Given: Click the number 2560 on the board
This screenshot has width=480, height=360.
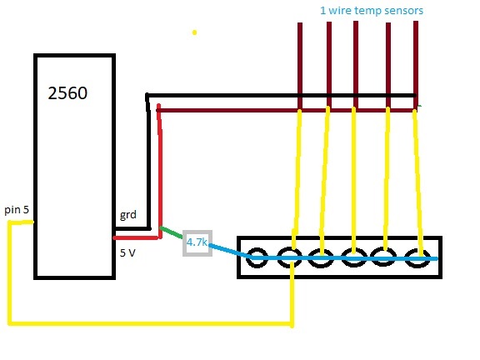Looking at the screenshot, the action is click(x=67, y=93).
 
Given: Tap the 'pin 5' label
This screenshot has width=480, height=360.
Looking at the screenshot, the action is click(x=17, y=210).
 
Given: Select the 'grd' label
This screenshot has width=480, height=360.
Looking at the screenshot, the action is click(x=128, y=215).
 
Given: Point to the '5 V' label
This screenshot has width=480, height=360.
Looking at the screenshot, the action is click(x=127, y=252).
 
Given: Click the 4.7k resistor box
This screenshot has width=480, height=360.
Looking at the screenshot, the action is click(x=197, y=243).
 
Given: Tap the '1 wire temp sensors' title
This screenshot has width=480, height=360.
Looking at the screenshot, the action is click(x=372, y=11).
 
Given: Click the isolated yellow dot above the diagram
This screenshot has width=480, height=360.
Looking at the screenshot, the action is click(x=194, y=32).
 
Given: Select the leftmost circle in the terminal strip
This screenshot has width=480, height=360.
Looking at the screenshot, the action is click(x=257, y=257).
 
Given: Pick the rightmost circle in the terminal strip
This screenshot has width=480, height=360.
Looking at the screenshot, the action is click(x=417, y=258).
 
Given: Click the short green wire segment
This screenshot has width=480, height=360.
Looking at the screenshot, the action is click(x=172, y=232).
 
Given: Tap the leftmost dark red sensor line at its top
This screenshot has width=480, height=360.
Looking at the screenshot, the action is click(x=300, y=23).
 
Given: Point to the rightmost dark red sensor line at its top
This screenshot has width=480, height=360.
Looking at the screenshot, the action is click(x=416, y=22).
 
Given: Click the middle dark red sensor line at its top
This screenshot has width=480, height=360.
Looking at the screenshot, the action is click(x=356, y=22).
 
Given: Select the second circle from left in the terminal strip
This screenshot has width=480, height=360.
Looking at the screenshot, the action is click(x=290, y=257).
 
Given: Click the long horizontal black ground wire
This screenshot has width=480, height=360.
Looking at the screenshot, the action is click(x=281, y=96).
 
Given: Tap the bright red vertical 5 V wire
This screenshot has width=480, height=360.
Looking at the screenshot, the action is click(x=159, y=172).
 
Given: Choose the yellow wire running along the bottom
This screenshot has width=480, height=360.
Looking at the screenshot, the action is click(x=150, y=323).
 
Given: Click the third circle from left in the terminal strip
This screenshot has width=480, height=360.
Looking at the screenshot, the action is click(x=321, y=258).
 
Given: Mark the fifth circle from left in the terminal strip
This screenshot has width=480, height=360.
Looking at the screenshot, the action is click(x=382, y=257).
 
